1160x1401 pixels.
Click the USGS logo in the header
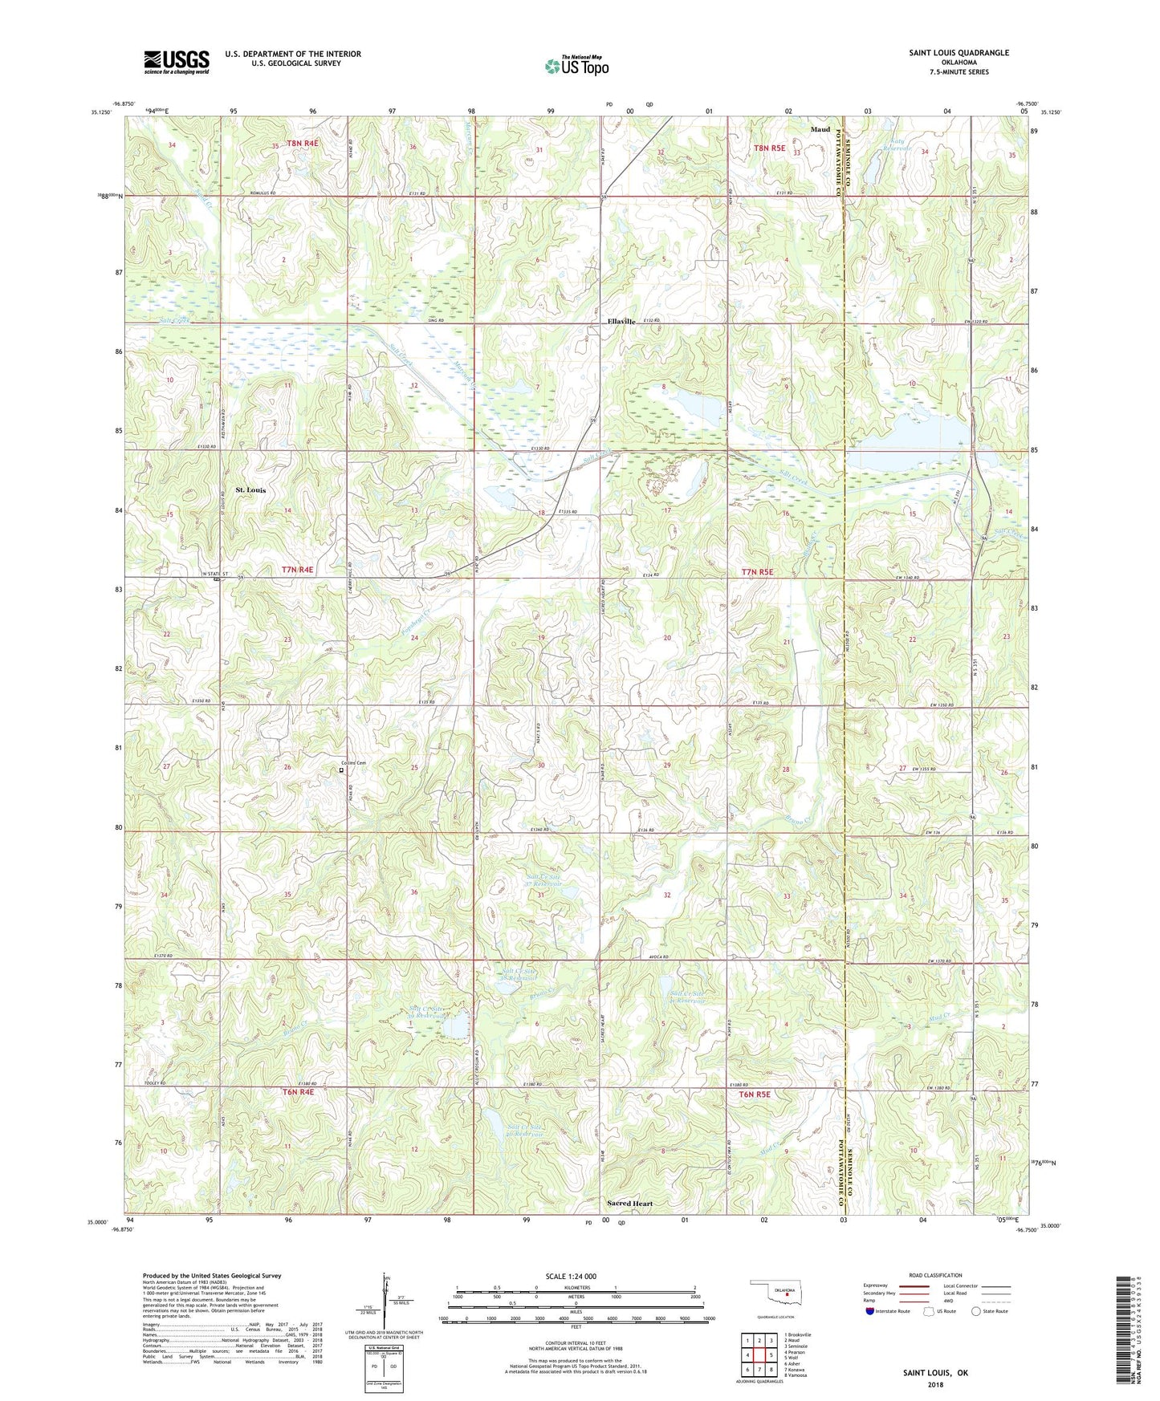(x=177, y=62)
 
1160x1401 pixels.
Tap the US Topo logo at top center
(x=576, y=65)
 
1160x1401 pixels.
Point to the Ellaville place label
(x=621, y=321)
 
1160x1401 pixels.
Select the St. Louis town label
(x=250, y=489)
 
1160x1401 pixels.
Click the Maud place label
(x=820, y=129)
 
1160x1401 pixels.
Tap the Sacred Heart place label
(x=629, y=1204)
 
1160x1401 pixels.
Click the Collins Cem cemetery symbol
(x=341, y=770)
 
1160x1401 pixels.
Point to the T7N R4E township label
(x=297, y=570)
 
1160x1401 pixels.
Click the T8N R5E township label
(x=768, y=148)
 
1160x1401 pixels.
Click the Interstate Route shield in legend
(x=871, y=1311)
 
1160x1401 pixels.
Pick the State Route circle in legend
(x=975, y=1311)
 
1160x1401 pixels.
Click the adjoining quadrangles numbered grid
(x=759, y=1356)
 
